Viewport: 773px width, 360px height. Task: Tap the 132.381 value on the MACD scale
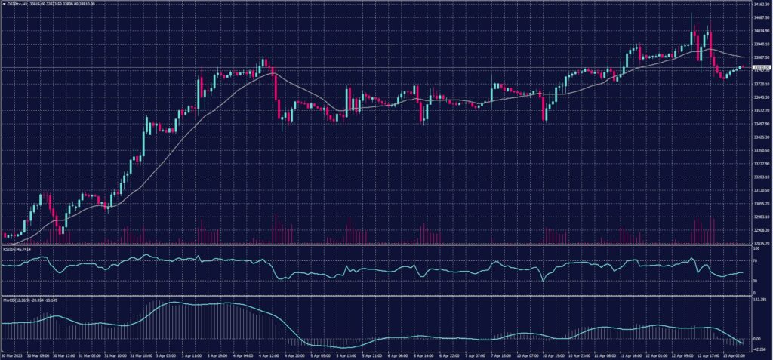coord(759,300)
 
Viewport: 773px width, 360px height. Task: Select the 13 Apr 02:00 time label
coord(738,355)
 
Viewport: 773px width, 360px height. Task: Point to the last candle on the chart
coord(744,67)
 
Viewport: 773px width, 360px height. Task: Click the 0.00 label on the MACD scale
coord(758,340)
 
